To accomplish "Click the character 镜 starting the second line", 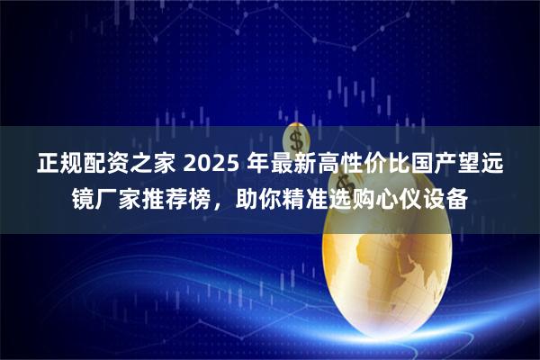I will click(x=83, y=198).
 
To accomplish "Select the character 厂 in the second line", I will click(x=106, y=198).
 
